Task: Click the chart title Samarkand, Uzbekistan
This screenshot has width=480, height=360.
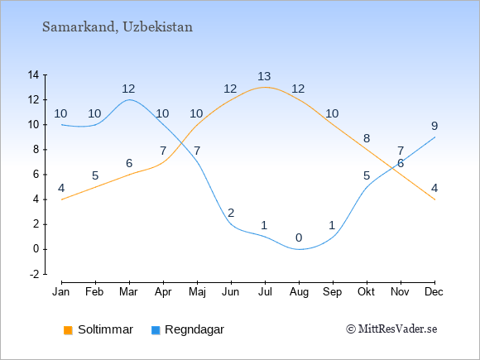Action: (118, 27)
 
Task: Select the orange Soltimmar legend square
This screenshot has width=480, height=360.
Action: (68, 330)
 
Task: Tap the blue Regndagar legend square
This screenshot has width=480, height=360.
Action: (156, 330)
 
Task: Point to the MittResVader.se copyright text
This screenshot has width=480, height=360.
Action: (391, 329)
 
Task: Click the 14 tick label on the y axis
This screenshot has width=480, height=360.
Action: (33, 74)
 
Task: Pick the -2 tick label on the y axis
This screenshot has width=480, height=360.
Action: (34, 274)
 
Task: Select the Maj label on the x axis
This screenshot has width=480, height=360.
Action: (197, 292)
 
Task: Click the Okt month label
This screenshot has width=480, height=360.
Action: (366, 292)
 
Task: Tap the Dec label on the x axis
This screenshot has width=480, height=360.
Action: (434, 292)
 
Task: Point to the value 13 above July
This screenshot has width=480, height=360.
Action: (264, 76)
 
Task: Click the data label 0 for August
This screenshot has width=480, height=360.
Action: (299, 238)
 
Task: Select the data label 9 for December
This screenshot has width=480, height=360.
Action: (434, 126)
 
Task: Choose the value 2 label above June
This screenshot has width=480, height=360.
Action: (231, 213)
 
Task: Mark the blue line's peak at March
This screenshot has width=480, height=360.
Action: (129, 99)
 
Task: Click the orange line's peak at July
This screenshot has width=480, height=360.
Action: (265, 87)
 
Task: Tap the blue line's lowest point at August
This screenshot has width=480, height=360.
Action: (299, 249)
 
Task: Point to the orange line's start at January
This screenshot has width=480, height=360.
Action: (62, 199)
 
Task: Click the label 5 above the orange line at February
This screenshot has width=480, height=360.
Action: (95, 175)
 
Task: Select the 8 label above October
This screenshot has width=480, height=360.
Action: (367, 138)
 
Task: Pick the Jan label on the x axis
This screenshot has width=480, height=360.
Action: (61, 292)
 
